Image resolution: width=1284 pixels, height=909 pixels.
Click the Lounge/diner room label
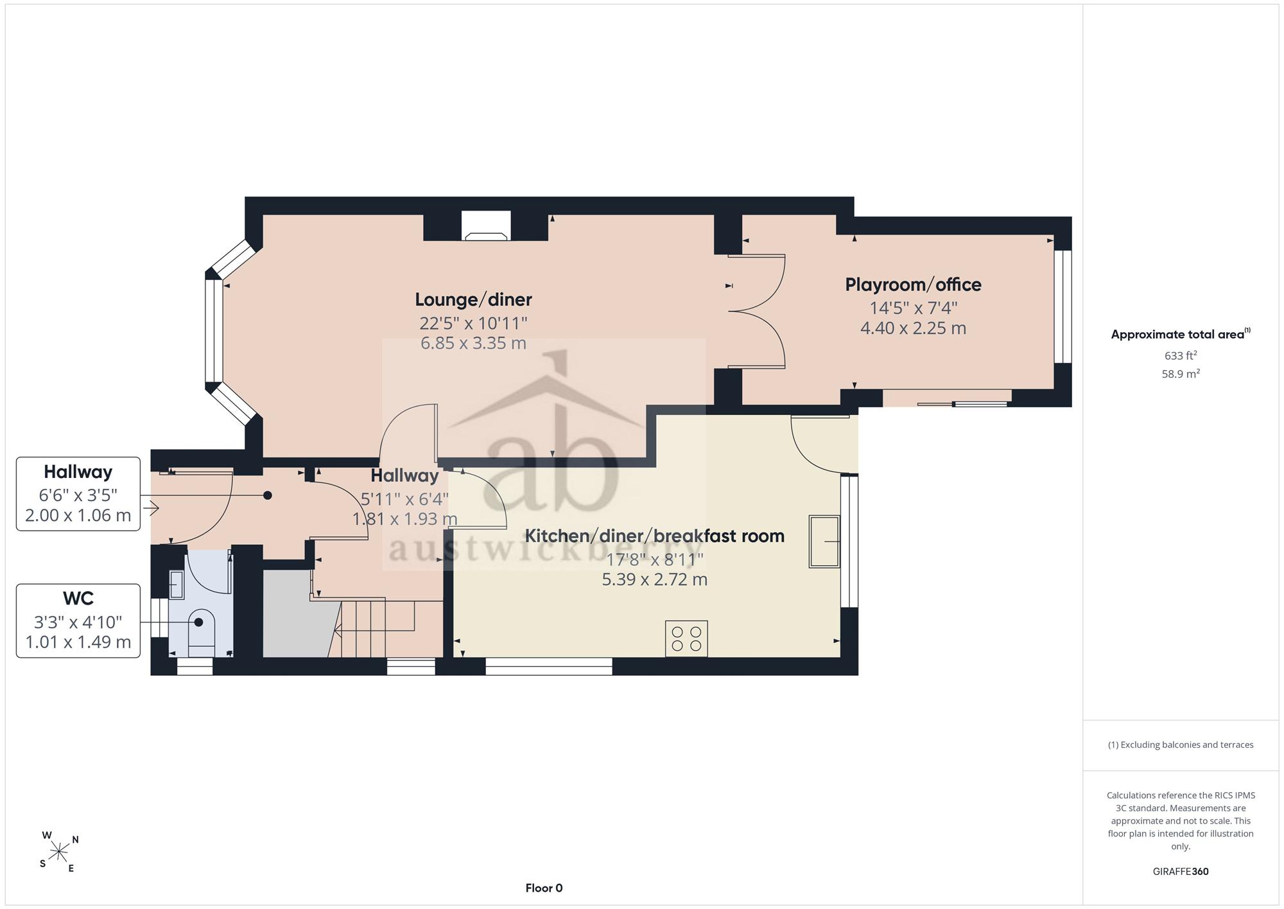pos(473,300)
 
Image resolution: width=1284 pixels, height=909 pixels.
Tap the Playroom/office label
pos(913,285)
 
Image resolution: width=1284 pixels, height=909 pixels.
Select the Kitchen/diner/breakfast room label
pos(654,536)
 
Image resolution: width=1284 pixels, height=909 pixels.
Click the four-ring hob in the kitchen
pos(686,639)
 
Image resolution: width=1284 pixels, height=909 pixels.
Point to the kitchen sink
pos(824,542)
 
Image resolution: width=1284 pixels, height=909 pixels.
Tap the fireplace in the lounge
pos(486,226)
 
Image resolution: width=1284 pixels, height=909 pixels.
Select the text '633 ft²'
pos(1181,355)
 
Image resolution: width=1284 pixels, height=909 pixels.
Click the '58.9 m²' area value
pos(1181,373)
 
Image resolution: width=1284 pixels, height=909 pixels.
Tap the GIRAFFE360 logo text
pos(1181,872)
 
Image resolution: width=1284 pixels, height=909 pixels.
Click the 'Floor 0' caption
pos(544,888)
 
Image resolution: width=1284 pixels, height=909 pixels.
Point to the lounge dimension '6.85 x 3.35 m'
pos(473,343)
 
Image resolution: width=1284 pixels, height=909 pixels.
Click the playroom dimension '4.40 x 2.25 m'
pos(913,328)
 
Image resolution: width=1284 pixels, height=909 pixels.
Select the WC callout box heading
pos(78,599)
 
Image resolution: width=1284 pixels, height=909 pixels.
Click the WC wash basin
pos(177,585)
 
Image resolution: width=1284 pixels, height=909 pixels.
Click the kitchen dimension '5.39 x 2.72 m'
pos(654,580)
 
